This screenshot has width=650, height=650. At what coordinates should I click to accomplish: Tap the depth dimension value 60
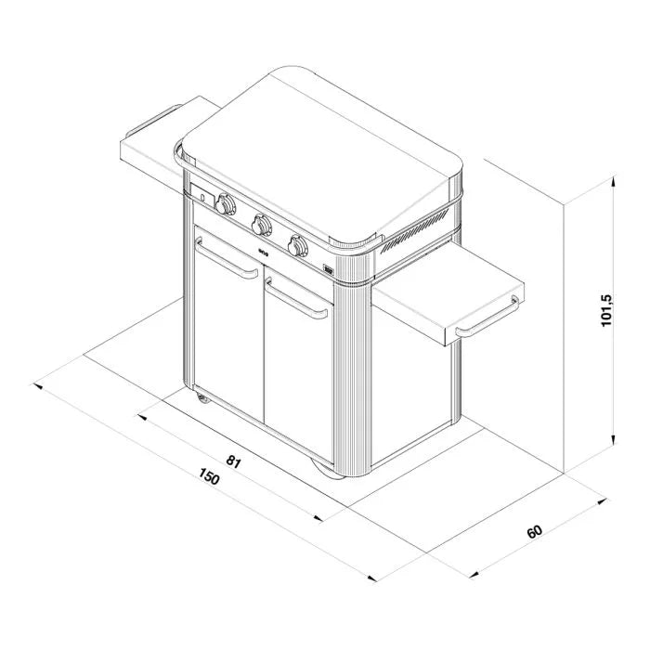[534, 532]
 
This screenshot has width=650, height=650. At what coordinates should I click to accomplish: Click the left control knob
[225, 204]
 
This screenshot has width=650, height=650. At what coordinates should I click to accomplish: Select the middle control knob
[262, 224]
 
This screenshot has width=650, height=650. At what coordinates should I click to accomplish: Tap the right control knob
[298, 245]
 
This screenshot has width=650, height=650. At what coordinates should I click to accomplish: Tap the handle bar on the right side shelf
[488, 316]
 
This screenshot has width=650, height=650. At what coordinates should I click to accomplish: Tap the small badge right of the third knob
[328, 271]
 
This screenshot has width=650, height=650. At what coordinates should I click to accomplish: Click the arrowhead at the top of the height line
[613, 184]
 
